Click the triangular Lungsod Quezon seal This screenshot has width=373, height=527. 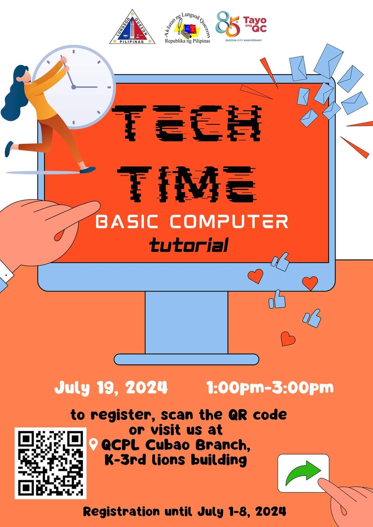point(132,27)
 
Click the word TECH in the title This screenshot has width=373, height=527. point(186,123)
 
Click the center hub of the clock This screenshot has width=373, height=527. point(74,87)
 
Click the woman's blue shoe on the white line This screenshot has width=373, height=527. point(88,170)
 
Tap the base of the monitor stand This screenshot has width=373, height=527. point(186,359)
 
